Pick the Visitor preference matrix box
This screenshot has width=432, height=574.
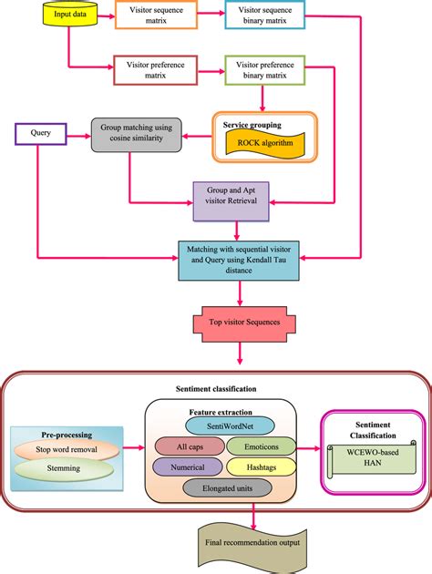pyautogui.click(x=154, y=70)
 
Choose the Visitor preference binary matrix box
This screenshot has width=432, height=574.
pyautogui.click(x=264, y=70)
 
